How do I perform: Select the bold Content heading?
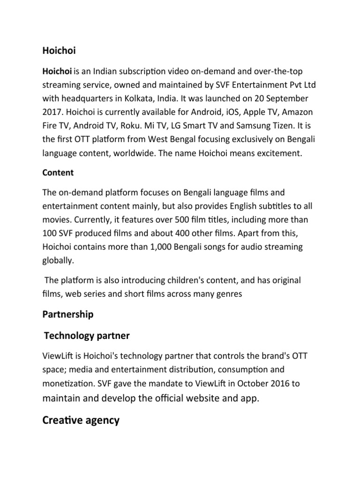tap(58, 172)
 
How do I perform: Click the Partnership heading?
tap(67, 315)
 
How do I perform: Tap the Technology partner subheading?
tap(86, 336)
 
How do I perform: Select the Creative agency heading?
tap(81, 420)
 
